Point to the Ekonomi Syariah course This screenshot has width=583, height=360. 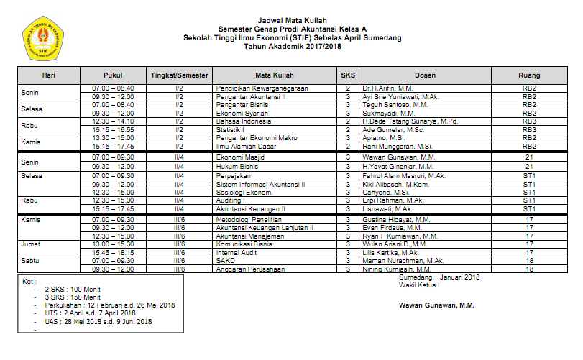tap(242, 113)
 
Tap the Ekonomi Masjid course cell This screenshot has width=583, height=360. tap(240, 157)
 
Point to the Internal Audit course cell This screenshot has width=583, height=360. tap(237, 252)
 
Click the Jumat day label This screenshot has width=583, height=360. tap(31, 244)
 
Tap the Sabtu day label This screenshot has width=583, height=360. tap(30, 261)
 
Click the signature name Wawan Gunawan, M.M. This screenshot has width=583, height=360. tap(436, 305)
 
